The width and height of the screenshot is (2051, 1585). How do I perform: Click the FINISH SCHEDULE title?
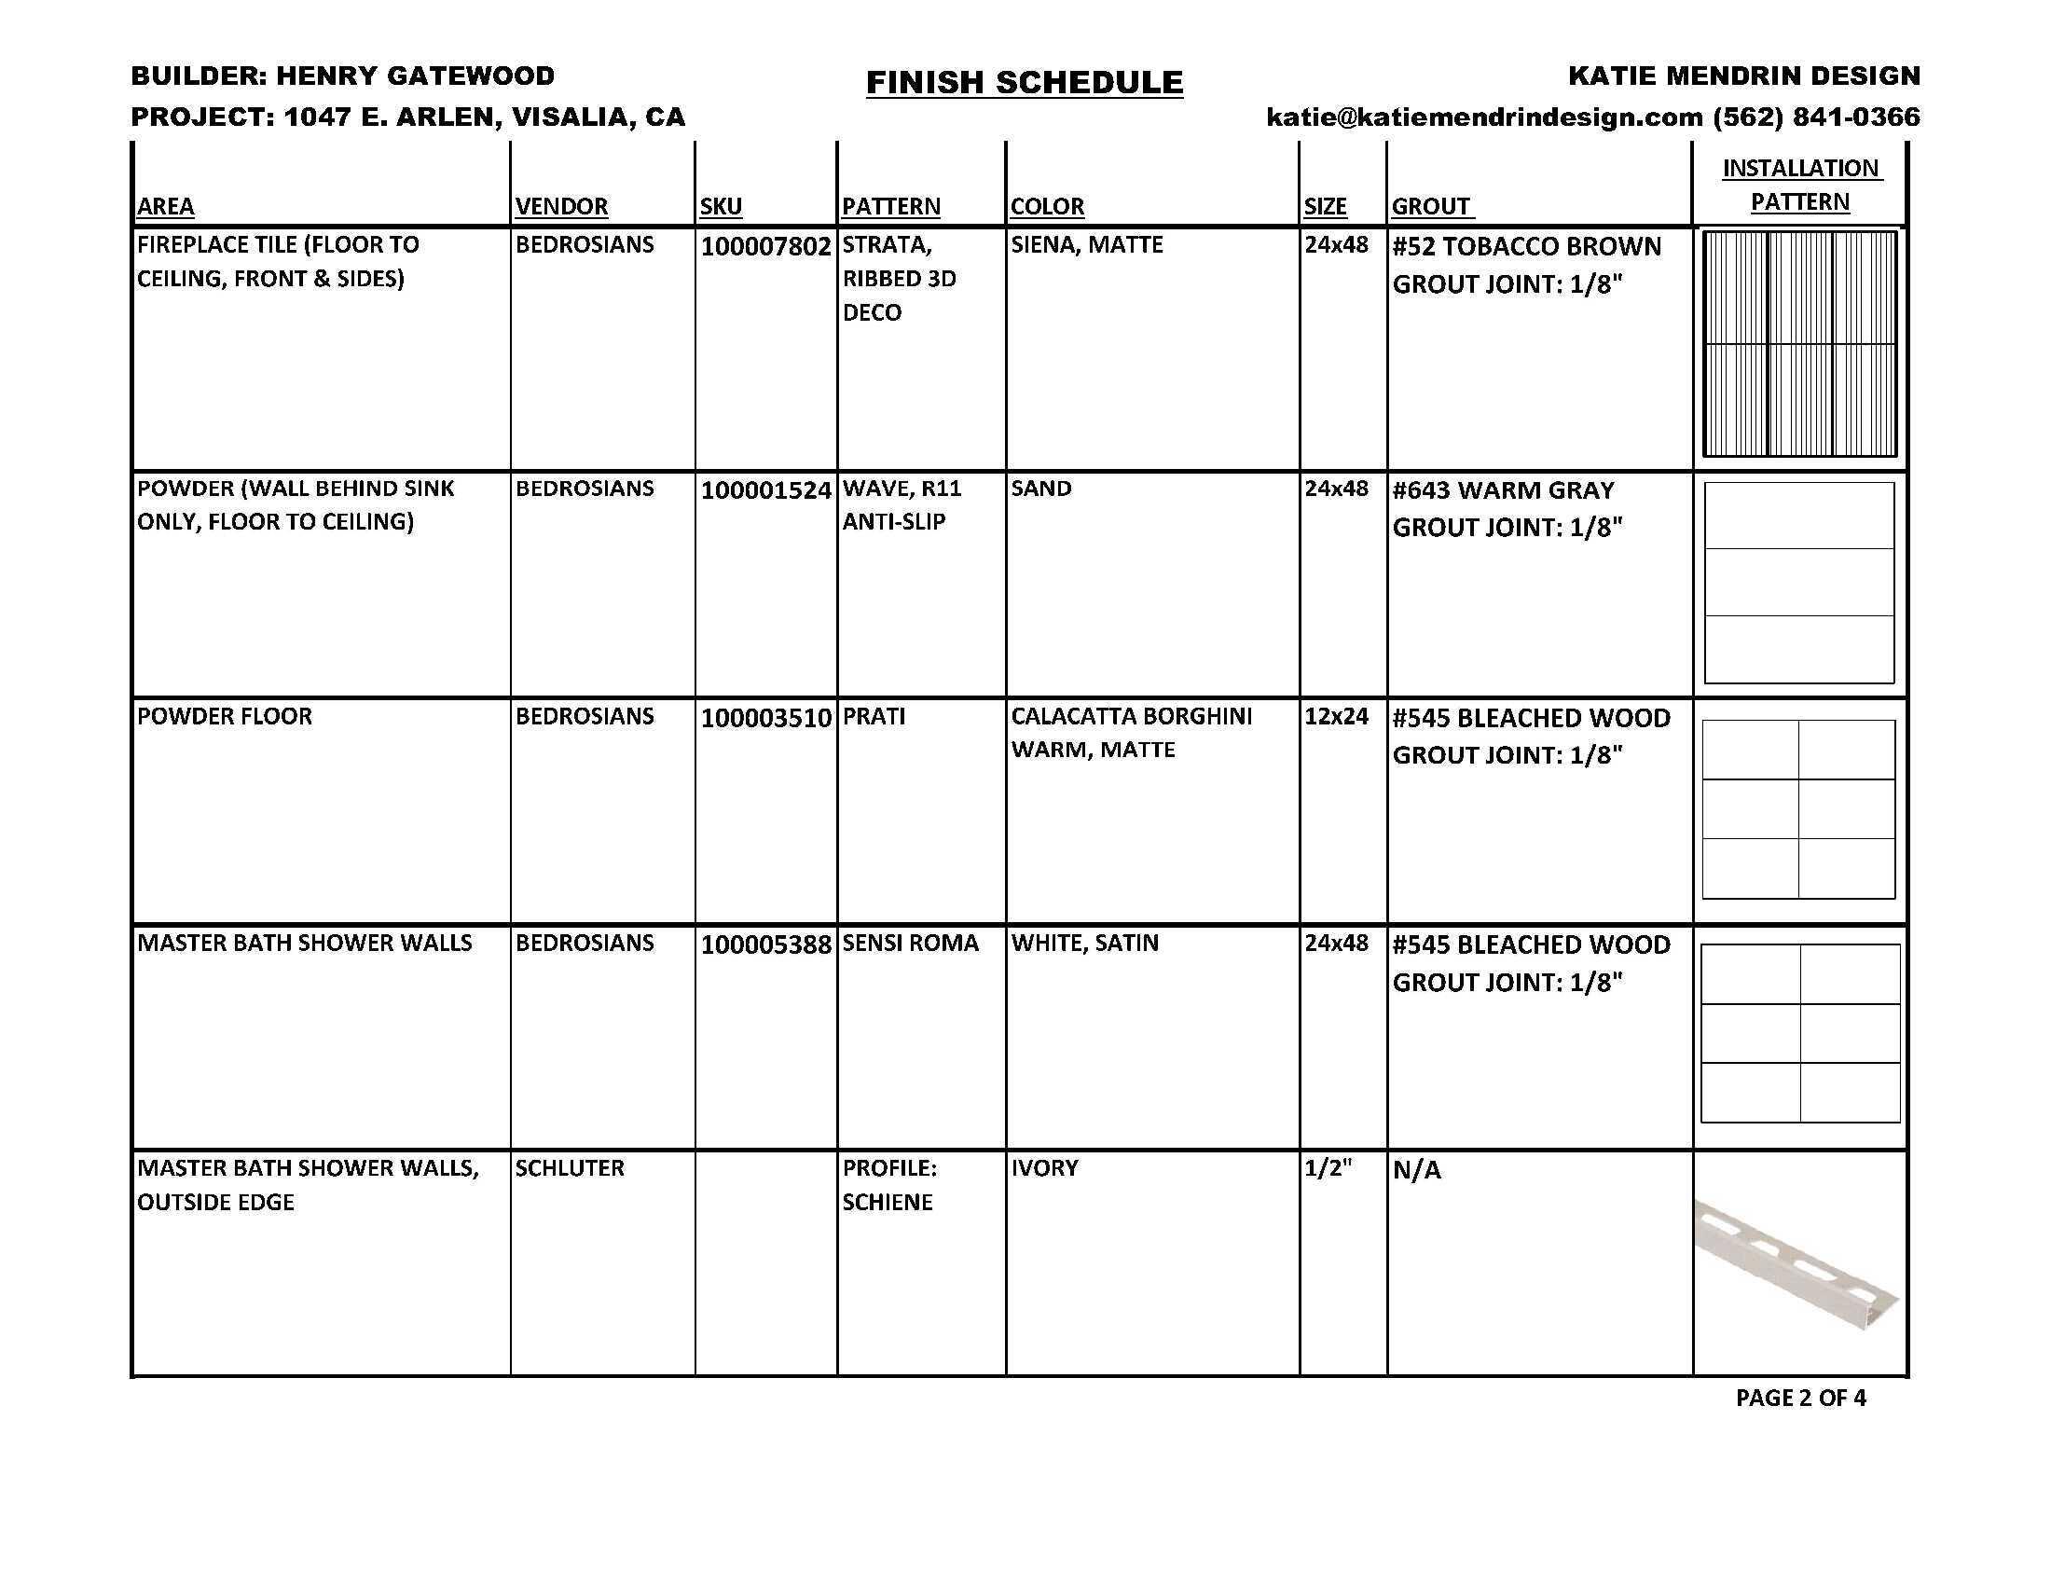pos(1024,83)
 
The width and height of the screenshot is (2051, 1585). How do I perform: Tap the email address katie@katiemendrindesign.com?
pos(1484,117)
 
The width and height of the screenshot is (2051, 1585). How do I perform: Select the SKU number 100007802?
pos(765,247)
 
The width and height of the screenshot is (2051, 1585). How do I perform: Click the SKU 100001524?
pos(765,490)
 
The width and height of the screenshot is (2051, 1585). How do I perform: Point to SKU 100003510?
pos(765,718)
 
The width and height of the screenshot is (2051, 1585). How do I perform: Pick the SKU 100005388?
pos(765,944)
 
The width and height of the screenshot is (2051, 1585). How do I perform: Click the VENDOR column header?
pos(561,207)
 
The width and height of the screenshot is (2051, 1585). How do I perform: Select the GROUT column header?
pos(1430,207)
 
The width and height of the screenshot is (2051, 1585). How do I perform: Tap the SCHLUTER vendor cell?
pos(569,1168)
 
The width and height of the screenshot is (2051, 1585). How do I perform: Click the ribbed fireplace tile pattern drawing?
pos(1799,344)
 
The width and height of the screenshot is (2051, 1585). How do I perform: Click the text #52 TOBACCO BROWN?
pos(1526,247)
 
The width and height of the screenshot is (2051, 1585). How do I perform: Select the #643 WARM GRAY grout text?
pos(1503,490)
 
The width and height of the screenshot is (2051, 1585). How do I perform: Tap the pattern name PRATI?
pos(874,716)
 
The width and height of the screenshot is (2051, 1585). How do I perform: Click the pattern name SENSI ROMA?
pos(910,943)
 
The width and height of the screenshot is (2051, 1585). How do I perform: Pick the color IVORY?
pos(1044,1168)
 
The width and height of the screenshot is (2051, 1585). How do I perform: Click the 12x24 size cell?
pos(1335,716)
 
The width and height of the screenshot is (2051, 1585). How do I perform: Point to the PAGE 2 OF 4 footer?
pos(1800,1399)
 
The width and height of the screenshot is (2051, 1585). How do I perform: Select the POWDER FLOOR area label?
pos(225,716)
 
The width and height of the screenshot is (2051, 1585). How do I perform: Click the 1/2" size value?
pos(1327,1168)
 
